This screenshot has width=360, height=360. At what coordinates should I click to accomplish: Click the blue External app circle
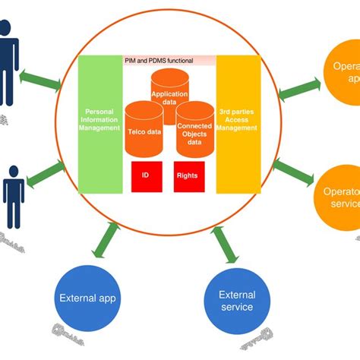[x=89, y=299]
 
